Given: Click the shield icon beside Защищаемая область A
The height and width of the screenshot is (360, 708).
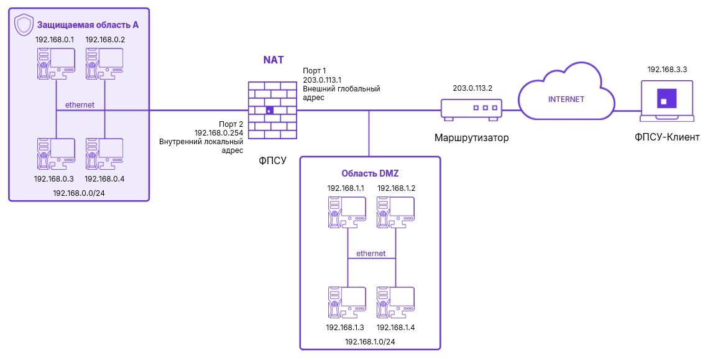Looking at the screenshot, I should click(x=24, y=25).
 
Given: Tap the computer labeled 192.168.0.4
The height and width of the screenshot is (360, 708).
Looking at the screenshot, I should click(x=104, y=154).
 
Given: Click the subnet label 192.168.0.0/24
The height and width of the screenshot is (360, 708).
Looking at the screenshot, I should click(x=78, y=193).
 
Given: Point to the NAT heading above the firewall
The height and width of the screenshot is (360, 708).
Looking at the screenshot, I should click(x=274, y=60).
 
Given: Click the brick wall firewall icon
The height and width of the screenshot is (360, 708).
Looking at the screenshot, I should click(x=272, y=110).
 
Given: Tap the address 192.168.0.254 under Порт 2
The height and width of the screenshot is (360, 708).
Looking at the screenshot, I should click(x=218, y=132).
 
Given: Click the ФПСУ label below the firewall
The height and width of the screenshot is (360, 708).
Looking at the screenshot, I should click(x=273, y=160).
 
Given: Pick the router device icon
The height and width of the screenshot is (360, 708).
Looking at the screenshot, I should click(x=471, y=108).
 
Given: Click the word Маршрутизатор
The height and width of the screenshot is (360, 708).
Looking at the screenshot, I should click(x=471, y=138).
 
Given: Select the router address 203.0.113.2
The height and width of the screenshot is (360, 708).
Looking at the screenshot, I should click(x=472, y=88).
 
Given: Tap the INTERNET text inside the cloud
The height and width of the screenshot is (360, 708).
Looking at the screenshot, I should click(x=566, y=99).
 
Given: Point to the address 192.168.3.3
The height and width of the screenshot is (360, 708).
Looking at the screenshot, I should click(x=667, y=70).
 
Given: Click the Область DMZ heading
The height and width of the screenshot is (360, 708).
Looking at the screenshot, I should click(x=370, y=173).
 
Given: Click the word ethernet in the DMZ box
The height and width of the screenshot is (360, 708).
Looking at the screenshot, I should click(x=370, y=254).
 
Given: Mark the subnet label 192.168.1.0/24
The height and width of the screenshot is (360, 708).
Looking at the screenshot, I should click(x=370, y=341).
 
